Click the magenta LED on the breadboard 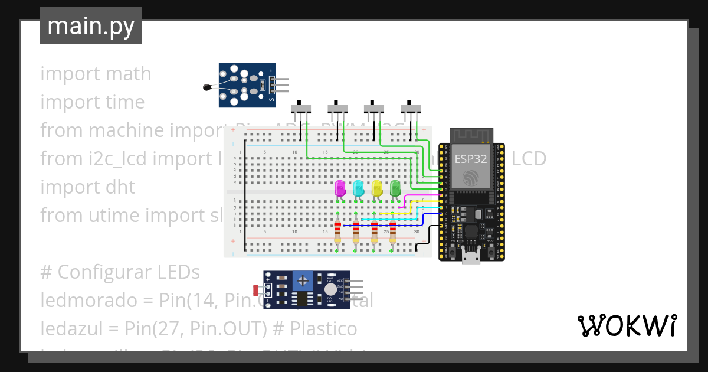[x=340, y=189]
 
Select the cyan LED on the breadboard [x=358, y=189]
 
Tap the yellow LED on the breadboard [x=377, y=189]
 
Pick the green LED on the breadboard [x=395, y=189]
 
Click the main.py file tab [x=91, y=26]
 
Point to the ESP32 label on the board [x=470, y=159]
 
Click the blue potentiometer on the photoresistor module [x=303, y=280]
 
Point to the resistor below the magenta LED [x=337, y=231]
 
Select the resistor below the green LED [x=393, y=231]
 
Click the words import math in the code [x=96, y=74]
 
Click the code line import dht [x=87, y=187]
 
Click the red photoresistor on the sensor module [x=255, y=290]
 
